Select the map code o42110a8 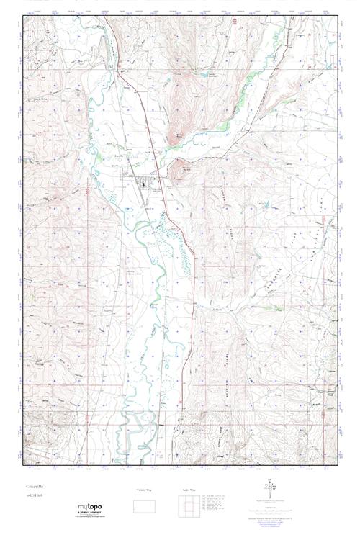point(34,496)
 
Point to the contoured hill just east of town point(182,170)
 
